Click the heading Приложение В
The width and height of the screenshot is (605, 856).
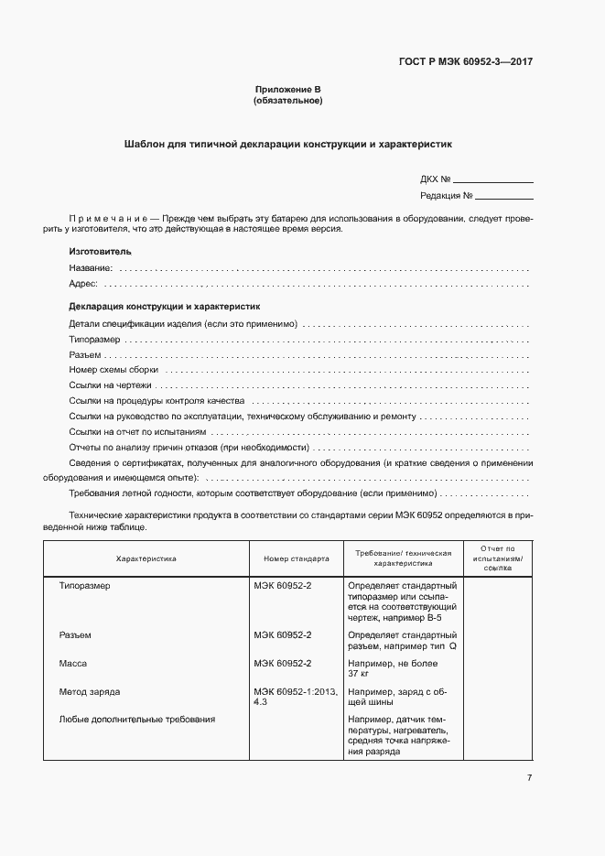pos(287,89)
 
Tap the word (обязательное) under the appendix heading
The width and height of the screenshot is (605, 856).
pos(287,100)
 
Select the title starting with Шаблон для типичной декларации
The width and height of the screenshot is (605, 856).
pos(287,145)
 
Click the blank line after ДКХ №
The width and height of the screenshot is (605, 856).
pos(492,181)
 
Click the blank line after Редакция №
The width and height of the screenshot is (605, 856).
pos(503,197)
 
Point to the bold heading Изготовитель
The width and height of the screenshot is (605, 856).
pos(100,251)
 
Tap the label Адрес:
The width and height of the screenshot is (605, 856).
pos(83,284)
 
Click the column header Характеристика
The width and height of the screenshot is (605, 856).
pos(146,558)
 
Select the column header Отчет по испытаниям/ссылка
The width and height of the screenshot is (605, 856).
pos(498,558)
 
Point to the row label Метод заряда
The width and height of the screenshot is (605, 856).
pos(89,691)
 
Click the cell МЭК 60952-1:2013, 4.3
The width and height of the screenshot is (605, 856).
pos(295,697)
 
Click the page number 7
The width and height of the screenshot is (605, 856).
pos(529,777)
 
